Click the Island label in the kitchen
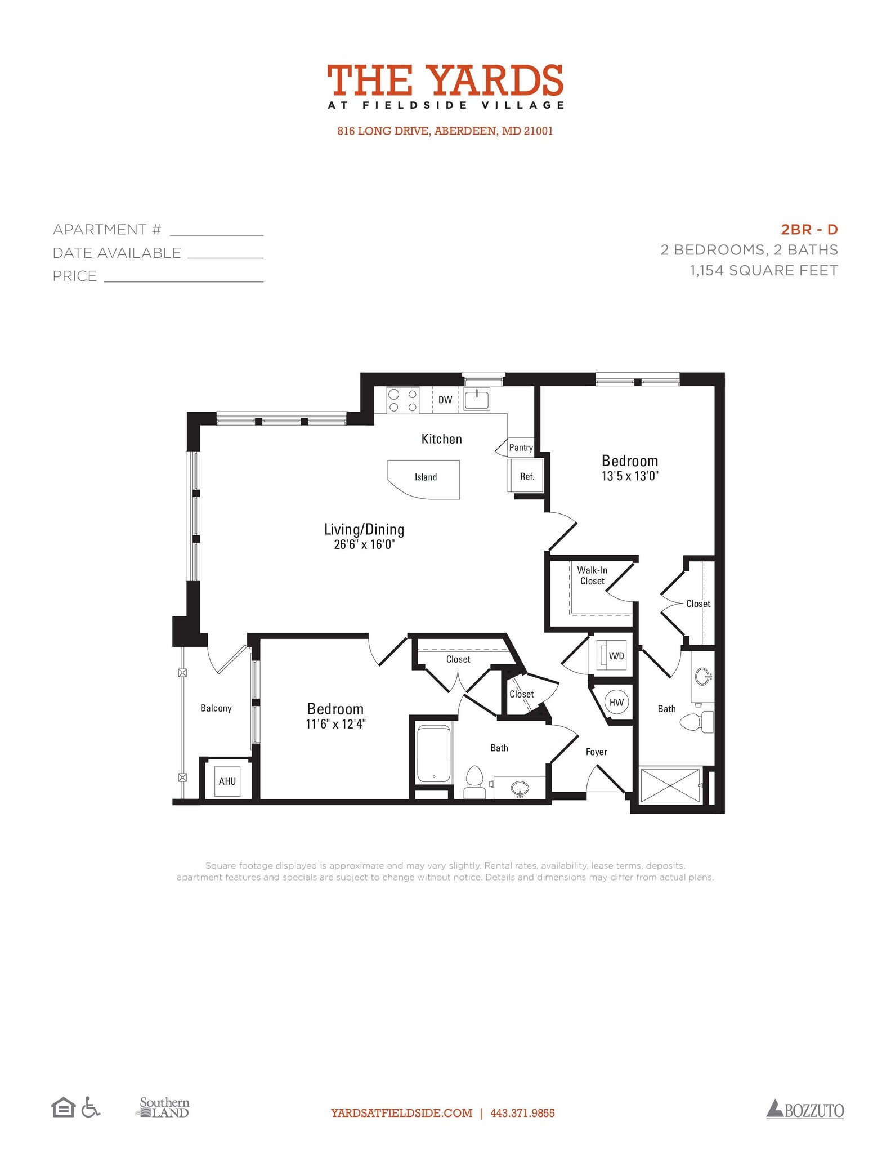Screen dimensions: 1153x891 click(426, 477)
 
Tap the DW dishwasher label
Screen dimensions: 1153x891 click(445, 400)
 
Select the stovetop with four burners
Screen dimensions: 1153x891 click(402, 400)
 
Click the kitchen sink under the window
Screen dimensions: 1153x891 click(477, 399)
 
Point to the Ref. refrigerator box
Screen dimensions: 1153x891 click(527, 476)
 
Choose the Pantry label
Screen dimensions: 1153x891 click(521, 448)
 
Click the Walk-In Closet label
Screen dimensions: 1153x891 click(592, 575)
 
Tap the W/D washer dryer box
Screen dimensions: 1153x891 click(615, 656)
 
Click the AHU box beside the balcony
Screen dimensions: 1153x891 click(227, 781)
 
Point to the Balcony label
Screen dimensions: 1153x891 click(216, 708)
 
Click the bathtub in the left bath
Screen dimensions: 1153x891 click(434, 753)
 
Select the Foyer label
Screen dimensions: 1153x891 click(596, 752)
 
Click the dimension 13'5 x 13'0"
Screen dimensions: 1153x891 click(630, 476)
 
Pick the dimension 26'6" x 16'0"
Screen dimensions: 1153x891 click(364, 544)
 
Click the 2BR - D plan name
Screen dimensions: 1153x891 click(809, 229)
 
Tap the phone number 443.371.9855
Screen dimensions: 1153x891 click(522, 1113)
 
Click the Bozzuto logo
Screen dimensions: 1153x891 click(805, 1110)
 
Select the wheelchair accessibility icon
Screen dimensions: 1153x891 click(90, 1107)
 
